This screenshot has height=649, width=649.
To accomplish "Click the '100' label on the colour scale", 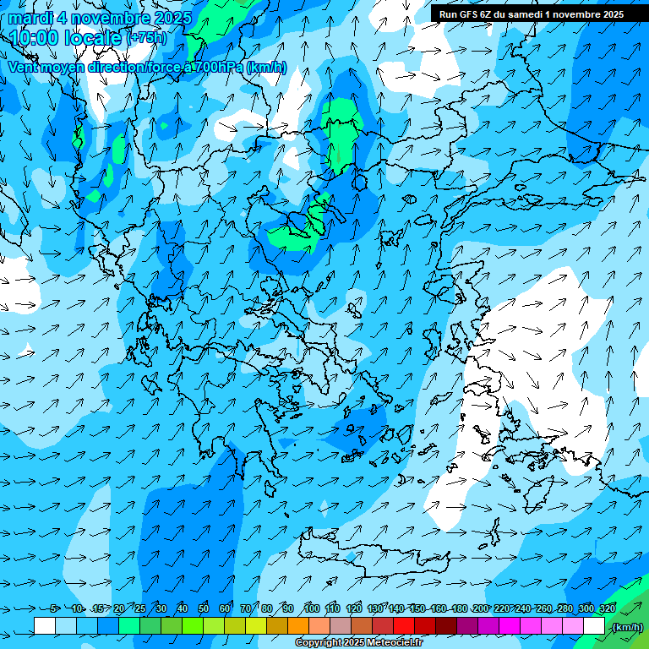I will click(312, 608).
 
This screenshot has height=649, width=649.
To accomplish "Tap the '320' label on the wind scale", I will click(608, 608).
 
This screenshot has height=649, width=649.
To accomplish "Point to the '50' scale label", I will click(204, 608).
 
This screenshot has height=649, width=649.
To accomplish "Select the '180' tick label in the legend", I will click(460, 608).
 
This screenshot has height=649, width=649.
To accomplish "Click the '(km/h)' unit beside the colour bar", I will click(626, 627).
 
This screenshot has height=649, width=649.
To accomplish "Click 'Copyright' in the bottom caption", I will click(318, 643).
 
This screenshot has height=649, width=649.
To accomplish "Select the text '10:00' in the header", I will click(33, 37).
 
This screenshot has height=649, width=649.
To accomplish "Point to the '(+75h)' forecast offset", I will click(146, 38).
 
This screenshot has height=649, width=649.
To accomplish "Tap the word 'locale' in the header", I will click(91, 37).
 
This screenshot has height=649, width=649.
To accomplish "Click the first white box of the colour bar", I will click(45, 626).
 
